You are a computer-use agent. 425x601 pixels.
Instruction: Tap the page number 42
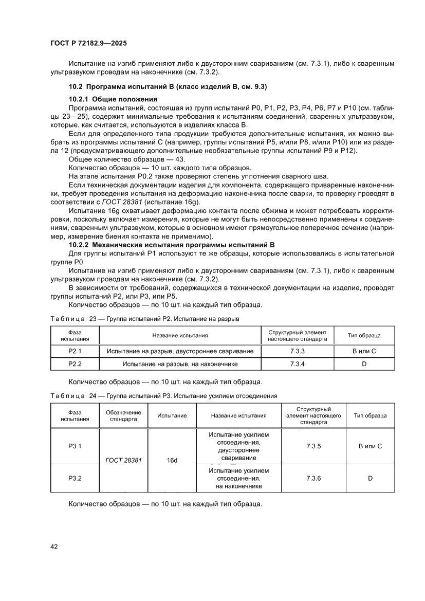[x=54, y=547]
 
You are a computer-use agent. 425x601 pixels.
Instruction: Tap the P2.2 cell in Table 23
[x=75, y=364]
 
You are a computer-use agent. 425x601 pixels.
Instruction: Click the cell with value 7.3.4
[x=298, y=364]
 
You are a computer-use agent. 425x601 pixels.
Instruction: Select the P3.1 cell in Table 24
[x=75, y=446]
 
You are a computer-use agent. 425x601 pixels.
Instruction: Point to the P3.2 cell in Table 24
[x=75, y=478]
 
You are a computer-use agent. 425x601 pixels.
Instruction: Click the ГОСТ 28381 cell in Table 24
[x=123, y=460]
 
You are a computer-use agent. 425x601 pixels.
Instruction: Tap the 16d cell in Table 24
[x=172, y=460]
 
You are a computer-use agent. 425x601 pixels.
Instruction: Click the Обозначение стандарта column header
[x=123, y=416]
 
